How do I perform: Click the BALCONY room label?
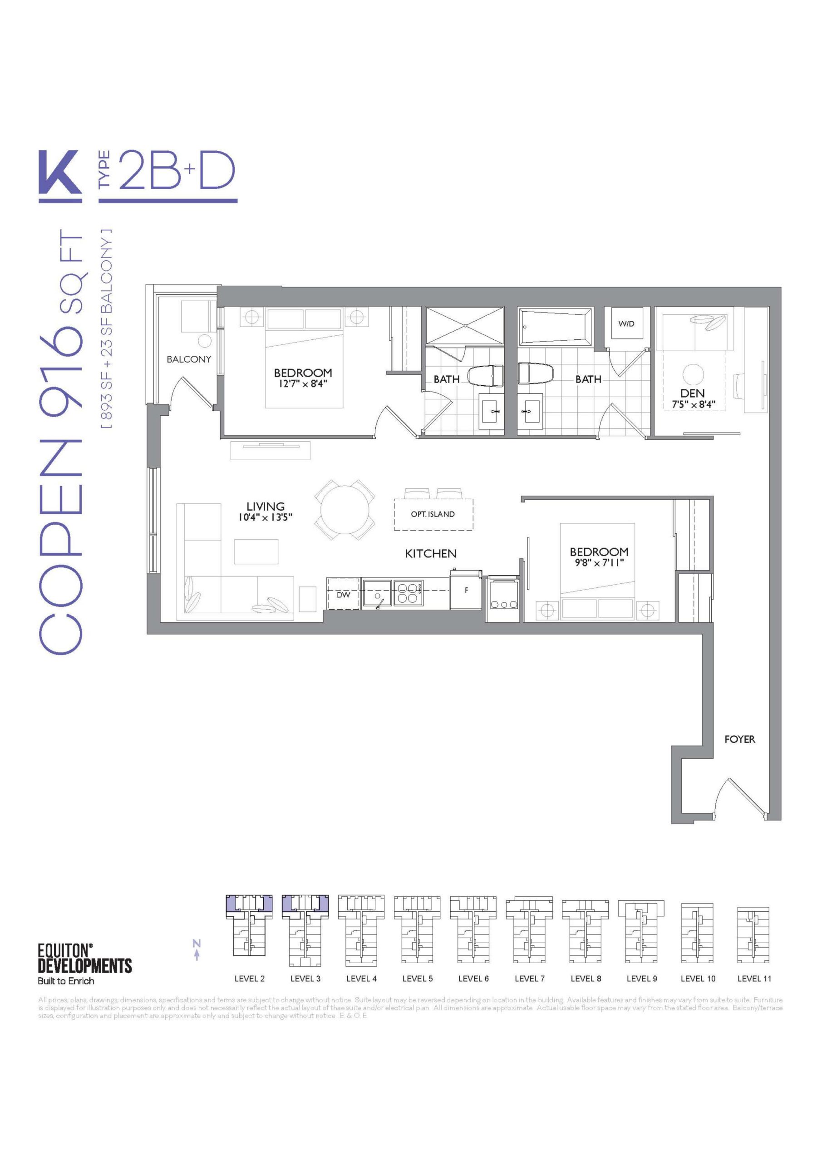189,359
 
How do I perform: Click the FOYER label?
739,739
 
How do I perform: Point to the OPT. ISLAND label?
433,514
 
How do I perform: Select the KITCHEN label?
431,554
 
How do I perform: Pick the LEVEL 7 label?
529,979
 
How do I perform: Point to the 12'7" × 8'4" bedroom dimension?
303,384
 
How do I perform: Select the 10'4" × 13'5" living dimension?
266,517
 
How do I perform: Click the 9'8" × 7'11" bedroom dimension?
599,563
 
